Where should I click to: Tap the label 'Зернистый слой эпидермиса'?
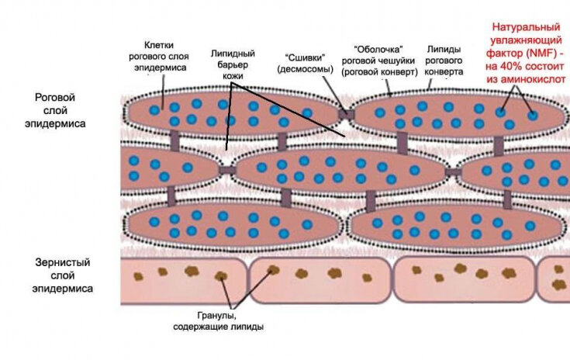pyautogui.click(x=61, y=275)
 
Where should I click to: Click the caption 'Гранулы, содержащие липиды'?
pyautogui.click(x=219, y=320)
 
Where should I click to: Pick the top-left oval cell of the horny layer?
pyautogui.click(x=233, y=113)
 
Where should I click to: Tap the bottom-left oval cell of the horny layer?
pyautogui.click(x=233, y=223)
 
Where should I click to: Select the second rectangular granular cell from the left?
pyautogui.click(x=320, y=279)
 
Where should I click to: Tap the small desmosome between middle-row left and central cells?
pyautogui.click(x=227, y=169)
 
